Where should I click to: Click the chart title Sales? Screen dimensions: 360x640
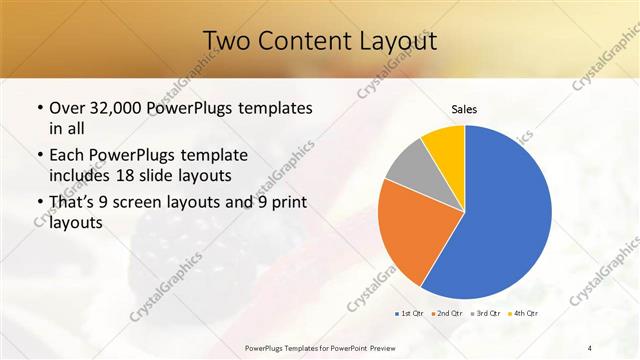464,108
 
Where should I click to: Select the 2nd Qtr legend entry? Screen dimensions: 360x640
447,314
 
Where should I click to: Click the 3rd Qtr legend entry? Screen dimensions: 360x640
485,314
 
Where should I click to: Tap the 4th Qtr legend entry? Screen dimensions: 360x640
523,314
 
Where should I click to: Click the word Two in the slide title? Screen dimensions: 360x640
230,41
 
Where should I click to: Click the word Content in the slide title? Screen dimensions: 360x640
307,41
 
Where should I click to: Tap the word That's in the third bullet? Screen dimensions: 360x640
73,204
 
